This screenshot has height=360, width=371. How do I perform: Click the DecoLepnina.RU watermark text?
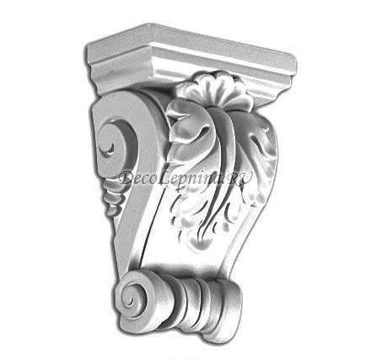(185, 179)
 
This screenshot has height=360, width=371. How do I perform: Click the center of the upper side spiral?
(110, 147)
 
